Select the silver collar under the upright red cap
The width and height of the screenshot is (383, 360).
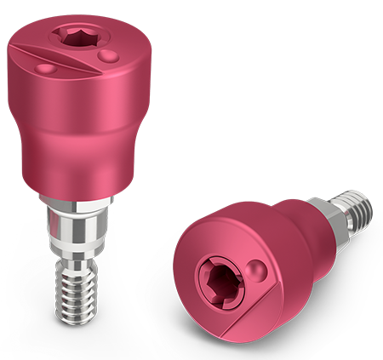pos(75,204)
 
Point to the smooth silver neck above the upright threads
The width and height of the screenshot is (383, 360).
pos(75,234)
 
